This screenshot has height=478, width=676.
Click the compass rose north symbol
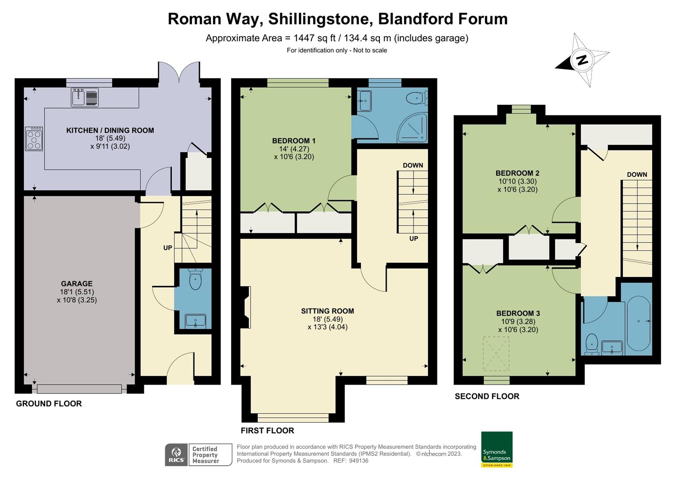coord(583,60)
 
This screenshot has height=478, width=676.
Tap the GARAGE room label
coord(77,284)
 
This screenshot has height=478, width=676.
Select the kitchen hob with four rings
coord(34,139)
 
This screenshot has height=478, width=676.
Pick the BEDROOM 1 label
coord(294,141)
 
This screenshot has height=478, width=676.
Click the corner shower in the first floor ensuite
coord(413,128)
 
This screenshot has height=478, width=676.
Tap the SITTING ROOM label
coord(327,311)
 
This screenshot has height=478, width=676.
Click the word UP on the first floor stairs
coord(413,239)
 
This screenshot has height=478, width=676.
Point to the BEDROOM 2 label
coord(517,173)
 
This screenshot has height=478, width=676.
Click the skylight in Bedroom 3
coord(496,354)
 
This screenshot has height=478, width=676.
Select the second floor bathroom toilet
coord(592,344)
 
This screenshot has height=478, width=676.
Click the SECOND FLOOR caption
coord(487,397)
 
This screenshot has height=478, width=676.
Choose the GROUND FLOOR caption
coord(49,404)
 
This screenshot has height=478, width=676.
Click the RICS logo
coord(176,455)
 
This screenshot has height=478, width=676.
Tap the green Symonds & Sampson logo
coord(497,449)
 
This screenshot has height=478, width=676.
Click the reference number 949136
coord(358,461)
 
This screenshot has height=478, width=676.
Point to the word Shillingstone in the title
coord(318,19)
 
